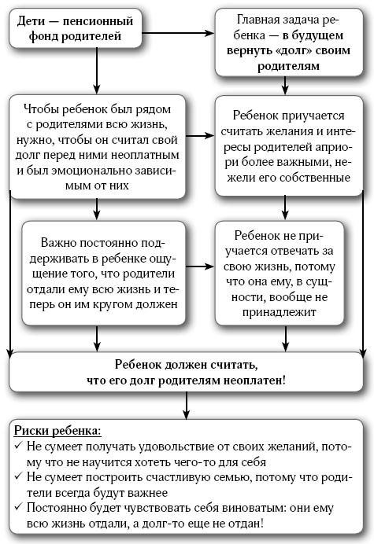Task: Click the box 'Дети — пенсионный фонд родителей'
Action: [76, 28]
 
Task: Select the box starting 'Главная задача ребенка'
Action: [289, 42]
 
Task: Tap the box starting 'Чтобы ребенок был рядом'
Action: [98, 147]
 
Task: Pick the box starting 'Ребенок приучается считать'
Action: [289, 145]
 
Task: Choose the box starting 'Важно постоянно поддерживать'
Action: [104, 274]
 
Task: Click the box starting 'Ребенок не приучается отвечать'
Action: [280, 274]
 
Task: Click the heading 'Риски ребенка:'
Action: [57, 431]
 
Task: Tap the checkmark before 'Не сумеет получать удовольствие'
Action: [18, 445]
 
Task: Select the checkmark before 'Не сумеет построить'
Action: [18, 476]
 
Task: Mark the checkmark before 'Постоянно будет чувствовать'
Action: [18, 506]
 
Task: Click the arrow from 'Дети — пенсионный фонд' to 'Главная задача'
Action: [178, 33]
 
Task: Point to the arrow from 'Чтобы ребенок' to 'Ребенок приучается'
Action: [200, 136]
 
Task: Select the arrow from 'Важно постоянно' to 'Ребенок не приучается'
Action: [200, 266]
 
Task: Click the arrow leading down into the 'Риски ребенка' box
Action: [187, 405]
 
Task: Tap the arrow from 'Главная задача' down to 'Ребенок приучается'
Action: [285, 86]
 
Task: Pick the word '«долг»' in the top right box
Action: [292, 50]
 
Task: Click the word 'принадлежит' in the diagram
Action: [280, 312]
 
